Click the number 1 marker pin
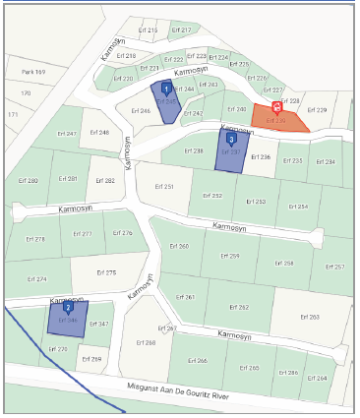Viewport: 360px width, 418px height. [165, 89]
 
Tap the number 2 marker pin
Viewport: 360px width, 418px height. [68, 307]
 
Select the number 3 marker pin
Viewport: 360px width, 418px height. [231, 140]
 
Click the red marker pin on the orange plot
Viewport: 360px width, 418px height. [276, 108]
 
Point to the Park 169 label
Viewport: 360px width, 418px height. [35, 72]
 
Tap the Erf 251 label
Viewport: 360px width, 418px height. [162, 186]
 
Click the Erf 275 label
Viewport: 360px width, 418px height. [106, 272]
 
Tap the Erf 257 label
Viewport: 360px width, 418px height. [333, 267]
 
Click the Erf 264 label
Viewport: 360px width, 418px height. [316, 378]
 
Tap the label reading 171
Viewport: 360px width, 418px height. [13, 115]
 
